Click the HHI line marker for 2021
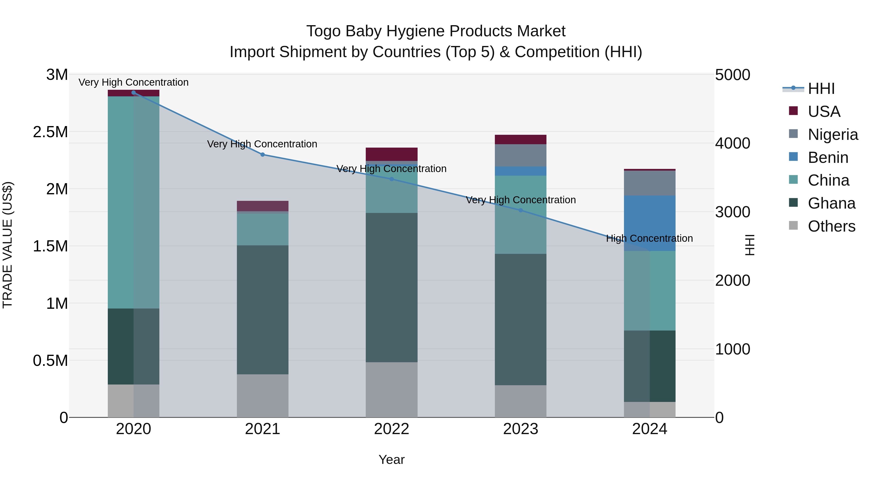click(262, 155)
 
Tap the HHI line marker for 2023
click(521, 210)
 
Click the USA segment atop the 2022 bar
click(391, 154)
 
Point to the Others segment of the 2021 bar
click(262, 396)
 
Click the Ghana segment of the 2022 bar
click(391, 287)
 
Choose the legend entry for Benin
click(827, 158)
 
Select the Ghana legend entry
click(831, 203)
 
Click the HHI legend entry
click(821, 89)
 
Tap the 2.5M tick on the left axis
click(50, 132)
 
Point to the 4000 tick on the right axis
click(732, 143)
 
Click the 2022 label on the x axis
click(391, 429)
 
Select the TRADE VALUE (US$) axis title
click(8, 245)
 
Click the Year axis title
click(391, 460)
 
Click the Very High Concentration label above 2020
click(133, 82)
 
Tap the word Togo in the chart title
click(323, 31)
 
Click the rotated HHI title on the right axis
click(750, 245)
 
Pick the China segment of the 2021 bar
click(262, 229)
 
